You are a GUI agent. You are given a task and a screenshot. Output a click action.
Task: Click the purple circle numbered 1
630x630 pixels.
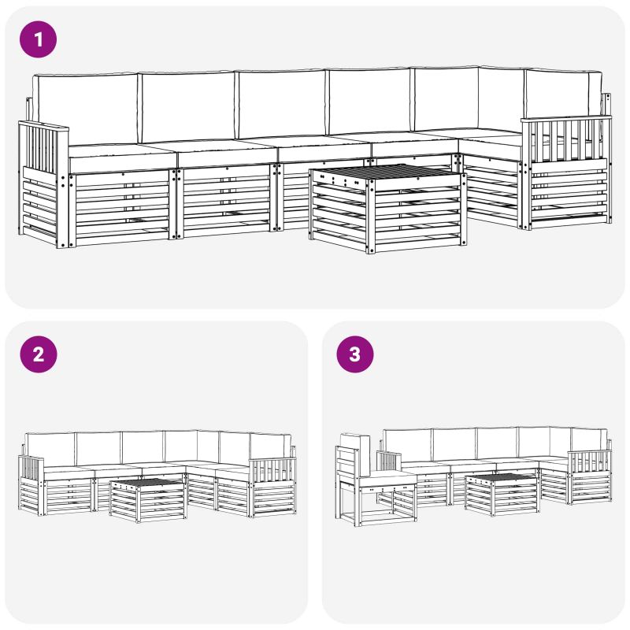[x=38, y=39]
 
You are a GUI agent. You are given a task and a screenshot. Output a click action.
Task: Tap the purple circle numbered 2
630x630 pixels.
[x=38, y=354]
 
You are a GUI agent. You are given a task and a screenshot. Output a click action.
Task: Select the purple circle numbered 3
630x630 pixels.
[x=355, y=354]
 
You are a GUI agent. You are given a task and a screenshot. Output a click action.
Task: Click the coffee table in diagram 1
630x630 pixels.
[x=388, y=208]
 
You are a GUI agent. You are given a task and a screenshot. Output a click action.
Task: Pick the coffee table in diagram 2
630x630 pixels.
[x=148, y=500]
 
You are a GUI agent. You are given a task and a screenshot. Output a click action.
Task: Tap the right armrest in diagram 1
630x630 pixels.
[x=566, y=172]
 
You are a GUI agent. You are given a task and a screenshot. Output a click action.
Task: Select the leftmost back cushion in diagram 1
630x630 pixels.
[x=86, y=109]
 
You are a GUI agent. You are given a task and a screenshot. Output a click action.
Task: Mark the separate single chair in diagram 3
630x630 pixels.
[x=372, y=480]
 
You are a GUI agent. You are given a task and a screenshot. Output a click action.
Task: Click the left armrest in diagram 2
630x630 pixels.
[x=31, y=485]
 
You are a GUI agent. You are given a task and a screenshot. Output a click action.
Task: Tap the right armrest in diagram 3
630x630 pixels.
[x=590, y=477]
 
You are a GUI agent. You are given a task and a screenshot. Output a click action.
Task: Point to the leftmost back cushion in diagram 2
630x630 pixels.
[x=50, y=450]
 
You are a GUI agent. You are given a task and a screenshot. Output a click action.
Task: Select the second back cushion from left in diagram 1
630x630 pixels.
[x=187, y=106]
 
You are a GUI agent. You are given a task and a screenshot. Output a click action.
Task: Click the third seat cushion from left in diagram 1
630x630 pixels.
[x=325, y=150]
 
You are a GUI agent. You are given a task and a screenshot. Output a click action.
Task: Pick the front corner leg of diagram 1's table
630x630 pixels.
[x=370, y=217]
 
